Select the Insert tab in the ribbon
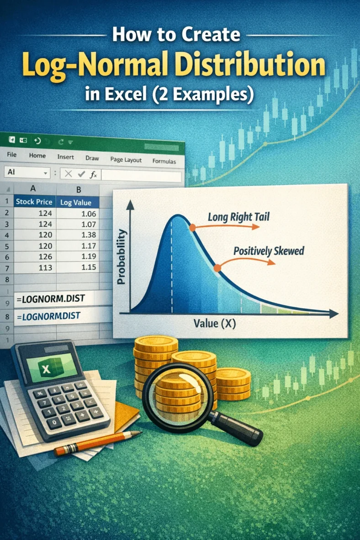(65, 156)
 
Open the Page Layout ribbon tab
(126, 160)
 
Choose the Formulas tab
(164, 161)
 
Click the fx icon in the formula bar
(94, 174)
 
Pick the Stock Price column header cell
(34, 201)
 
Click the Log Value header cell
(76, 202)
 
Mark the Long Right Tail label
(238, 217)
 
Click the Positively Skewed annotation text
(269, 251)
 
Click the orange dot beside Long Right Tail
(192, 227)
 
